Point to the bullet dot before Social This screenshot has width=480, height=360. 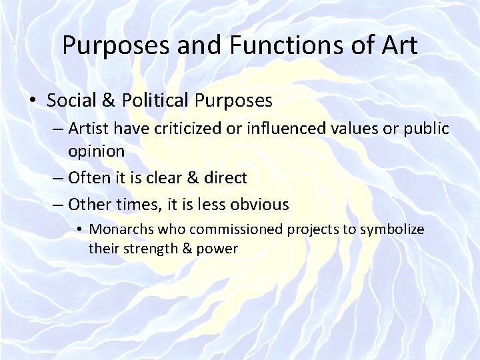coord(33,101)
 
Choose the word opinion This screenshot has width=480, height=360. coord(95,151)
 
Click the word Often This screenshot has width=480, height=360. coord(90,177)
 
